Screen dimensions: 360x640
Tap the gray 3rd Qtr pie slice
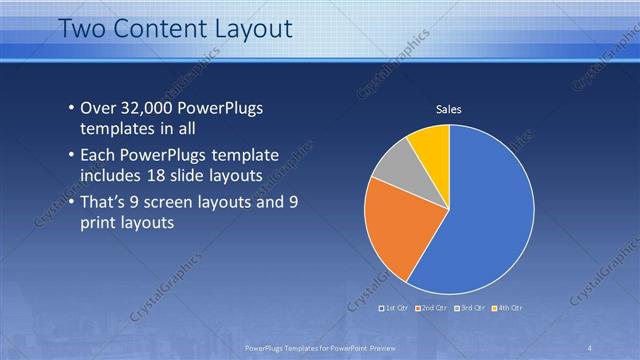point(393,164)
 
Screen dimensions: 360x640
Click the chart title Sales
point(448,109)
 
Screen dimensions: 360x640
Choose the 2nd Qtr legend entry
point(431,307)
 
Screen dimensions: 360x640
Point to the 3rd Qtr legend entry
point(470,307)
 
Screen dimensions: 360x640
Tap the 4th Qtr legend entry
point(507,307)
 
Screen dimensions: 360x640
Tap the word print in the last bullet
point(101,222)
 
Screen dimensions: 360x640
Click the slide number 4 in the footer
point(589,346)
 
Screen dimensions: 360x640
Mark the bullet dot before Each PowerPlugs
point(70,155)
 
